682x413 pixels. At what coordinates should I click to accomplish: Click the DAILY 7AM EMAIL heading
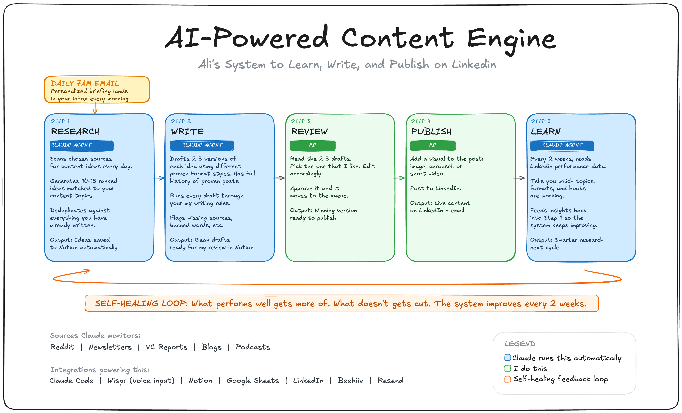85,83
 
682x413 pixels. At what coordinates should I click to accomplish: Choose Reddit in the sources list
62,347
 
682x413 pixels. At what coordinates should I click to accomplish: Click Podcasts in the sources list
253,347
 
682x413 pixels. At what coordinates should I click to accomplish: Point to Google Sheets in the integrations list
252,380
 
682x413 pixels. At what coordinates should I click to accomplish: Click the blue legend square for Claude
507,357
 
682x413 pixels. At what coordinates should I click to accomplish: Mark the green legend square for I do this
507,368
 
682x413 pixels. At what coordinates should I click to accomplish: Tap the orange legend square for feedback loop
507,379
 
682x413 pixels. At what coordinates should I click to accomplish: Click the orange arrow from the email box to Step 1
95,109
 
